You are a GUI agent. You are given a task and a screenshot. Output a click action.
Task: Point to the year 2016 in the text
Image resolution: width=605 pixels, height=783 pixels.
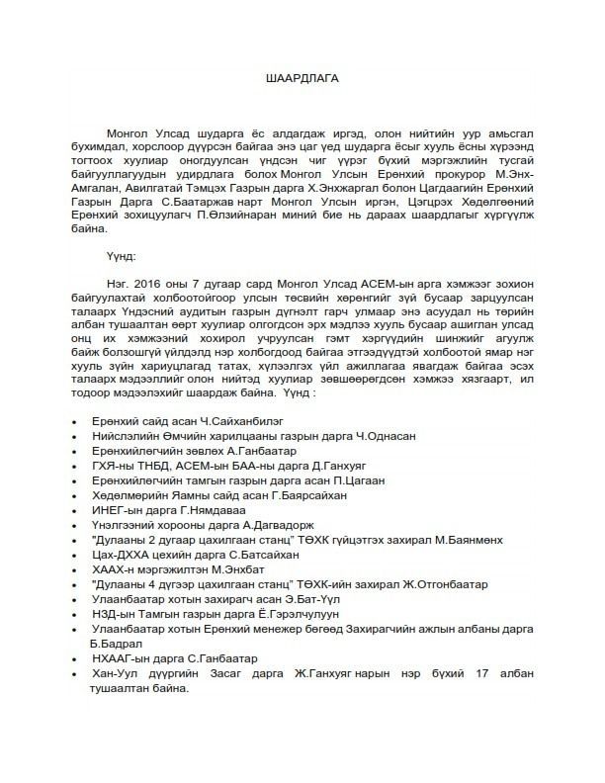pyautogui.click(x=145, y=281)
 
